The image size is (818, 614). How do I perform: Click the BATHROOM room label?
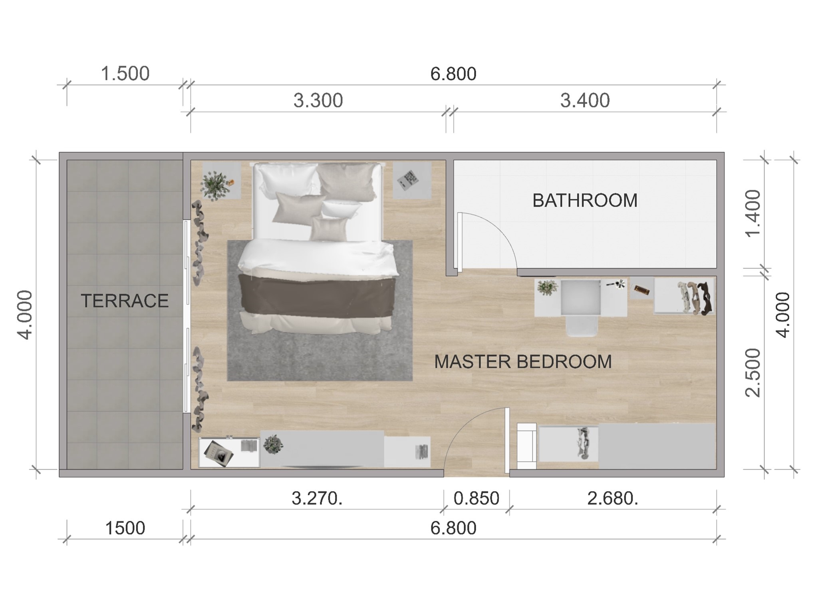[584, 201]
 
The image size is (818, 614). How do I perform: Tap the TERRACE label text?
[125, 301]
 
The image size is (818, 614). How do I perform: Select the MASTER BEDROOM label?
[523, 362]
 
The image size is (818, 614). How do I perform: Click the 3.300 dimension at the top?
[318, 101]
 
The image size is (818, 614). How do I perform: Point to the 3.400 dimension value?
[585, 101]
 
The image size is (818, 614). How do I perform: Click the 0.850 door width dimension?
[477, 498]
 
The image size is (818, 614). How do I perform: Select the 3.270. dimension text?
[317, 498]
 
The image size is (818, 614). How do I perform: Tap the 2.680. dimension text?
[613, 498]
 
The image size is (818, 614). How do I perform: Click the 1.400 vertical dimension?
[753, 213]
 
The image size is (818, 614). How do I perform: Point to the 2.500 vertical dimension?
[753, 373]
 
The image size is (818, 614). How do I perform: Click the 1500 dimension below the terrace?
[125, 528]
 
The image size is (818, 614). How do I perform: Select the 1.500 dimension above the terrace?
[125, 74]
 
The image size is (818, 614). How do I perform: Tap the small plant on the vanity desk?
[547, 287]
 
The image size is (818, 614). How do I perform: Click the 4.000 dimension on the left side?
[26, 315]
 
